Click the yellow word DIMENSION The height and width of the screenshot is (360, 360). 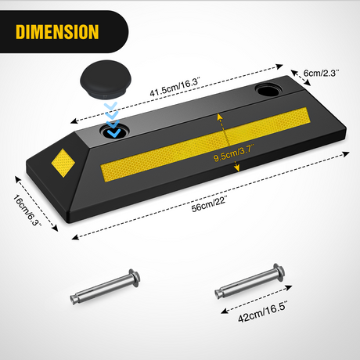click(57, 32)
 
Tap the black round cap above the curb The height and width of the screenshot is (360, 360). click(106, 79)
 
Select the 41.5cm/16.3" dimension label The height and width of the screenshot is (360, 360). click(175, 86)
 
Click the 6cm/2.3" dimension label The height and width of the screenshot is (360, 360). click(321, 73)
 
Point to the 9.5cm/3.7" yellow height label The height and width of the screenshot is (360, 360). click(233, 154)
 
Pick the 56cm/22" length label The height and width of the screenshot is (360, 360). click(209, 204)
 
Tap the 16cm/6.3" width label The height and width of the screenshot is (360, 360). click(27, 210)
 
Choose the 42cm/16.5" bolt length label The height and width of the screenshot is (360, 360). click(262, 311)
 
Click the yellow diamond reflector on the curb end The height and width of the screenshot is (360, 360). click(63, 163)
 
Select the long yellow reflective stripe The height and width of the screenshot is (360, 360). click(205, 144)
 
